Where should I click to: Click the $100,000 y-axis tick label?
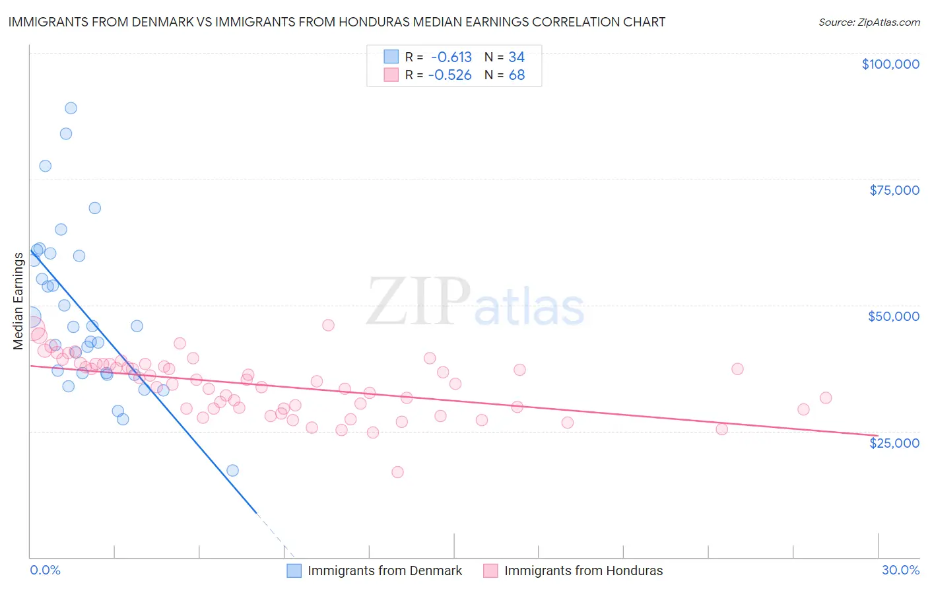890,64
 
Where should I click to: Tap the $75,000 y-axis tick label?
894,190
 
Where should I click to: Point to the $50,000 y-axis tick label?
893,316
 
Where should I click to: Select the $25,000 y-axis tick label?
894,442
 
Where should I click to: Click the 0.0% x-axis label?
45,570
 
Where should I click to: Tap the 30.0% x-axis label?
900,570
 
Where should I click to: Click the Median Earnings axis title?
18,301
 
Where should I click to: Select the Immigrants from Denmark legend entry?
375,571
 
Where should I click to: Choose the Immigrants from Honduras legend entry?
573,571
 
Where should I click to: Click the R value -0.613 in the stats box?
451,57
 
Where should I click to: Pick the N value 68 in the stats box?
517,75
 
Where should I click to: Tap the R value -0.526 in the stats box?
450,75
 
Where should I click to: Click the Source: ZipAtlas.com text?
869,22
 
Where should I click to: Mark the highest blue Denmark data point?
71,108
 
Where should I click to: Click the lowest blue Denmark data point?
232,470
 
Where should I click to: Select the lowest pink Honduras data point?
397,472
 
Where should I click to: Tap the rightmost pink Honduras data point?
826,398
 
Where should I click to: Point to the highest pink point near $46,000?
328,325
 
